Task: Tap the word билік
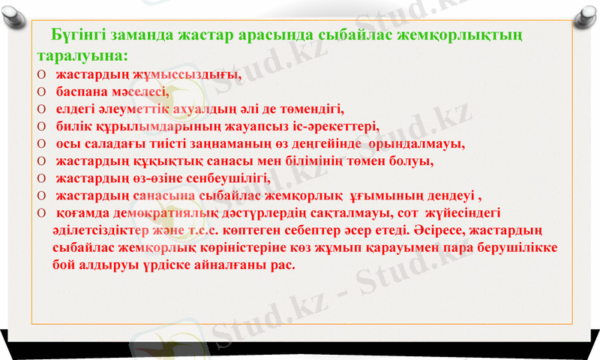pyautogui.click(x=73, y=126)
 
